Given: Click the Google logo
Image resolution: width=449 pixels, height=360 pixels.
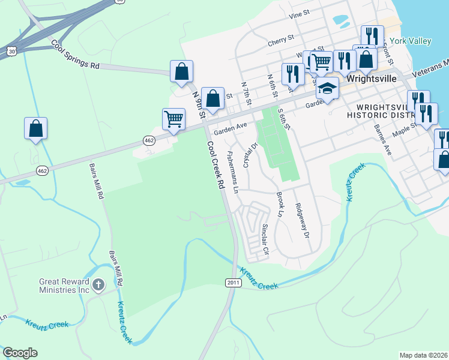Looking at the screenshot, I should (20, 353).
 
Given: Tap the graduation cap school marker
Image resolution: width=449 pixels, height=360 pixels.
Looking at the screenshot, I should (327, 88).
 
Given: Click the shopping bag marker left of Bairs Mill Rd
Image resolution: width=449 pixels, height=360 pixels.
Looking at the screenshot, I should (35, 128).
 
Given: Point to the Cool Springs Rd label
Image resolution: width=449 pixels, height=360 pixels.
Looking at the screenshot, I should (75, 55).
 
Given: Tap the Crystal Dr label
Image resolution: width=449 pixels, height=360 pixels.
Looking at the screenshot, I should (250, 154).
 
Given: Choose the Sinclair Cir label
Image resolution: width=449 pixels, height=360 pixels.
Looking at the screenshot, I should (265, 239).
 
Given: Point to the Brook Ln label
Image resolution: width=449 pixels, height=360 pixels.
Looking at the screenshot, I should (280, 205).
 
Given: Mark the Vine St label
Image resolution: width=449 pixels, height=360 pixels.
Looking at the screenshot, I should (298, 31).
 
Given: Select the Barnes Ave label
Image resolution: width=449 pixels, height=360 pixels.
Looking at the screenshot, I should (382, 140).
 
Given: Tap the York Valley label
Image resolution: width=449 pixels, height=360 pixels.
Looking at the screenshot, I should (411, 41).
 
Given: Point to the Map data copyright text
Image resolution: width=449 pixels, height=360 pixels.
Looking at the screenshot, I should (423, 355).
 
